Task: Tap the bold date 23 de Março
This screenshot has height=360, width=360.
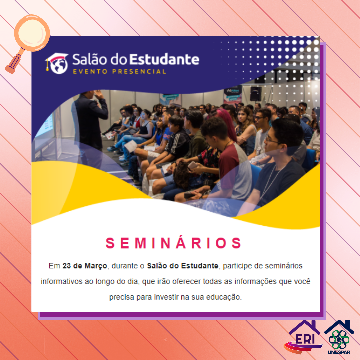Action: point(85,266)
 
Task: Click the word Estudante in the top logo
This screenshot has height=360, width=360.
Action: point(164,59)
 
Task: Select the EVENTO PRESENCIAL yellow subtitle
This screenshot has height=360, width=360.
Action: point(119,72)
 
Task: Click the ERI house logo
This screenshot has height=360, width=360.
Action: point(303,337)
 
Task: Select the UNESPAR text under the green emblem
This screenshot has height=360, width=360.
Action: point(339,352)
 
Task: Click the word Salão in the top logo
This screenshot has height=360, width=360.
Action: point(90,59)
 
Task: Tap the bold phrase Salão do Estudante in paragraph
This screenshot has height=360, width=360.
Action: point(183,266)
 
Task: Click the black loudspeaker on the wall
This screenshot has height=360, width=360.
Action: point(256,94)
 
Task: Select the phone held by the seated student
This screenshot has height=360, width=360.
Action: point(192,165)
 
